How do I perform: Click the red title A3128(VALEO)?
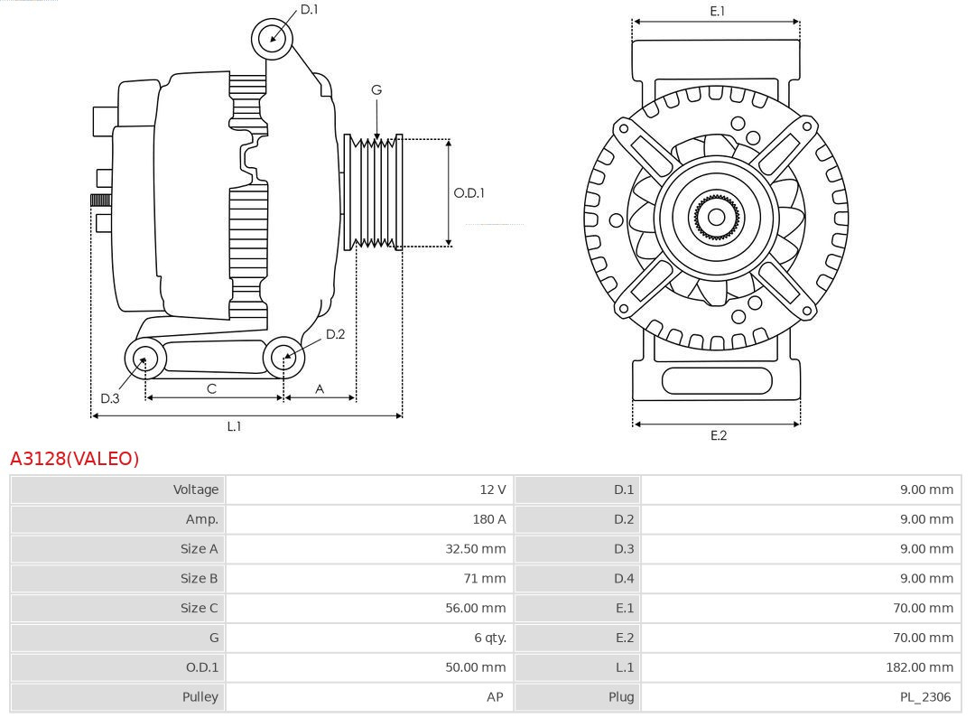[x=75, y=459]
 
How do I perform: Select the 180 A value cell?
[x=488, y=519]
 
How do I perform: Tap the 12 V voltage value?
[x=492, y=490]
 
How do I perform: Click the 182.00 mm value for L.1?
[x=919, y=667]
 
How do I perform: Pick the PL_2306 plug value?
[x=924, y=697]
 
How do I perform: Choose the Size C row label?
[x=199, y=608]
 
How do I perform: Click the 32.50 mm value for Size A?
[x=476, y=549]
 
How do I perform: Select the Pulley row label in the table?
[x=200, y=697]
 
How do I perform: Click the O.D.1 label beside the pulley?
[x=469, y=192]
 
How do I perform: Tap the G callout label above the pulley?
[x=376, y=89]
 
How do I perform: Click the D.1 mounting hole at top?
[x=272, y=38]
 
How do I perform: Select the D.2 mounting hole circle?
[x=284, y=358]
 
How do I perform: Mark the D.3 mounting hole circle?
[x=144, y=359]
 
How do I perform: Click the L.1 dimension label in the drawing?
[x=234, y=426]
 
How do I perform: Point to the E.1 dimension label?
[x=717, y=11]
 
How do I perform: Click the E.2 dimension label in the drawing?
[x=718, y=435]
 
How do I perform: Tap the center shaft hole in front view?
[x=716, y=217]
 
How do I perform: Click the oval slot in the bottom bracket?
[x=717, y=380]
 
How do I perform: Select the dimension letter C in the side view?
[x=211, y=388]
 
